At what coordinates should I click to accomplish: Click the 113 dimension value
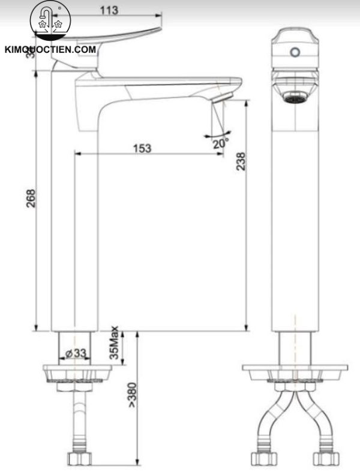[108, 10]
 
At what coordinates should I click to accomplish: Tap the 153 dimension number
[142, 148]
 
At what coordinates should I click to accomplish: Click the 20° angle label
[220, 144]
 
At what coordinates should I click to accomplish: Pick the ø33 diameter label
[76, 353]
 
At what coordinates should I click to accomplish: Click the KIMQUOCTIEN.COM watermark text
[50, 50]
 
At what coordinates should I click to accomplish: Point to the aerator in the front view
[293, 96]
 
